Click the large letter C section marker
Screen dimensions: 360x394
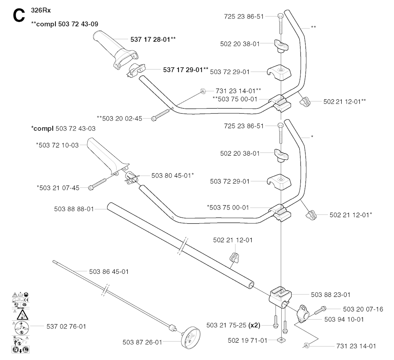[x=19, y=17]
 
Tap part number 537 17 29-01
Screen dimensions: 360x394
[x=186, y=70]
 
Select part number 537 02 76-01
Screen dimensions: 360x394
[x=66, y=327]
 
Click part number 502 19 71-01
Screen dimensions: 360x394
[x=247, y=340]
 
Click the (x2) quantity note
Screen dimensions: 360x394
[x=254, y=325]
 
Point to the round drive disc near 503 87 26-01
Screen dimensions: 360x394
[x=191, y=337]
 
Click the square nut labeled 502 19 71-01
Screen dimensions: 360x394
[x=280, y=340]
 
